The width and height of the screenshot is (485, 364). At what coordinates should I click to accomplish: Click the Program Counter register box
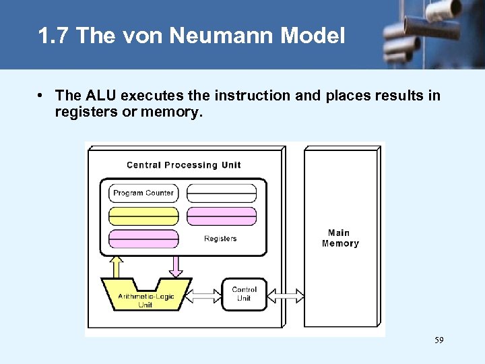(x=143, y=193)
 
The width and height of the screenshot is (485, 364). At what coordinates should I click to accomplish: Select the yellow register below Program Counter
(x=143, y=216)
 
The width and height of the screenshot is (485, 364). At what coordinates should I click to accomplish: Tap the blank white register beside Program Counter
(x=221, y=193)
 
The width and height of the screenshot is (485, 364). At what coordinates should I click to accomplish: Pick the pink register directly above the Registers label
(x=221, y=216)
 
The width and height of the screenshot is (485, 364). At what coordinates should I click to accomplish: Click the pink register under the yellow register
(x=143, y=239)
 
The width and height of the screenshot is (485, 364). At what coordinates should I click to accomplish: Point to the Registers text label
(x=220, y=239)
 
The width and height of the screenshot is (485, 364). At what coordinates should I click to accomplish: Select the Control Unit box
(x=244, y=294)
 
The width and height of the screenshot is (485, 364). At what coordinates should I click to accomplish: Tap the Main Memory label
(x=340, y=238)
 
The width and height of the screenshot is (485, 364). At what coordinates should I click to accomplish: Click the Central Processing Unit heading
(x=183, y=165)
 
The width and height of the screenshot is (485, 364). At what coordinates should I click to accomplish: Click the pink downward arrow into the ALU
(x=175, y=266)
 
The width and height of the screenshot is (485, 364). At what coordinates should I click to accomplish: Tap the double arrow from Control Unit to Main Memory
(x=286, y=295)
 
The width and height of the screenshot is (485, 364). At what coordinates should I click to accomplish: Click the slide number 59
(x=439, y=341)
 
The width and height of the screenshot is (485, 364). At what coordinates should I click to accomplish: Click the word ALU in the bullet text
(x=100, y=96)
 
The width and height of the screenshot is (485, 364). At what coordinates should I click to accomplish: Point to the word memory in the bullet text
(x=170, y=113)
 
